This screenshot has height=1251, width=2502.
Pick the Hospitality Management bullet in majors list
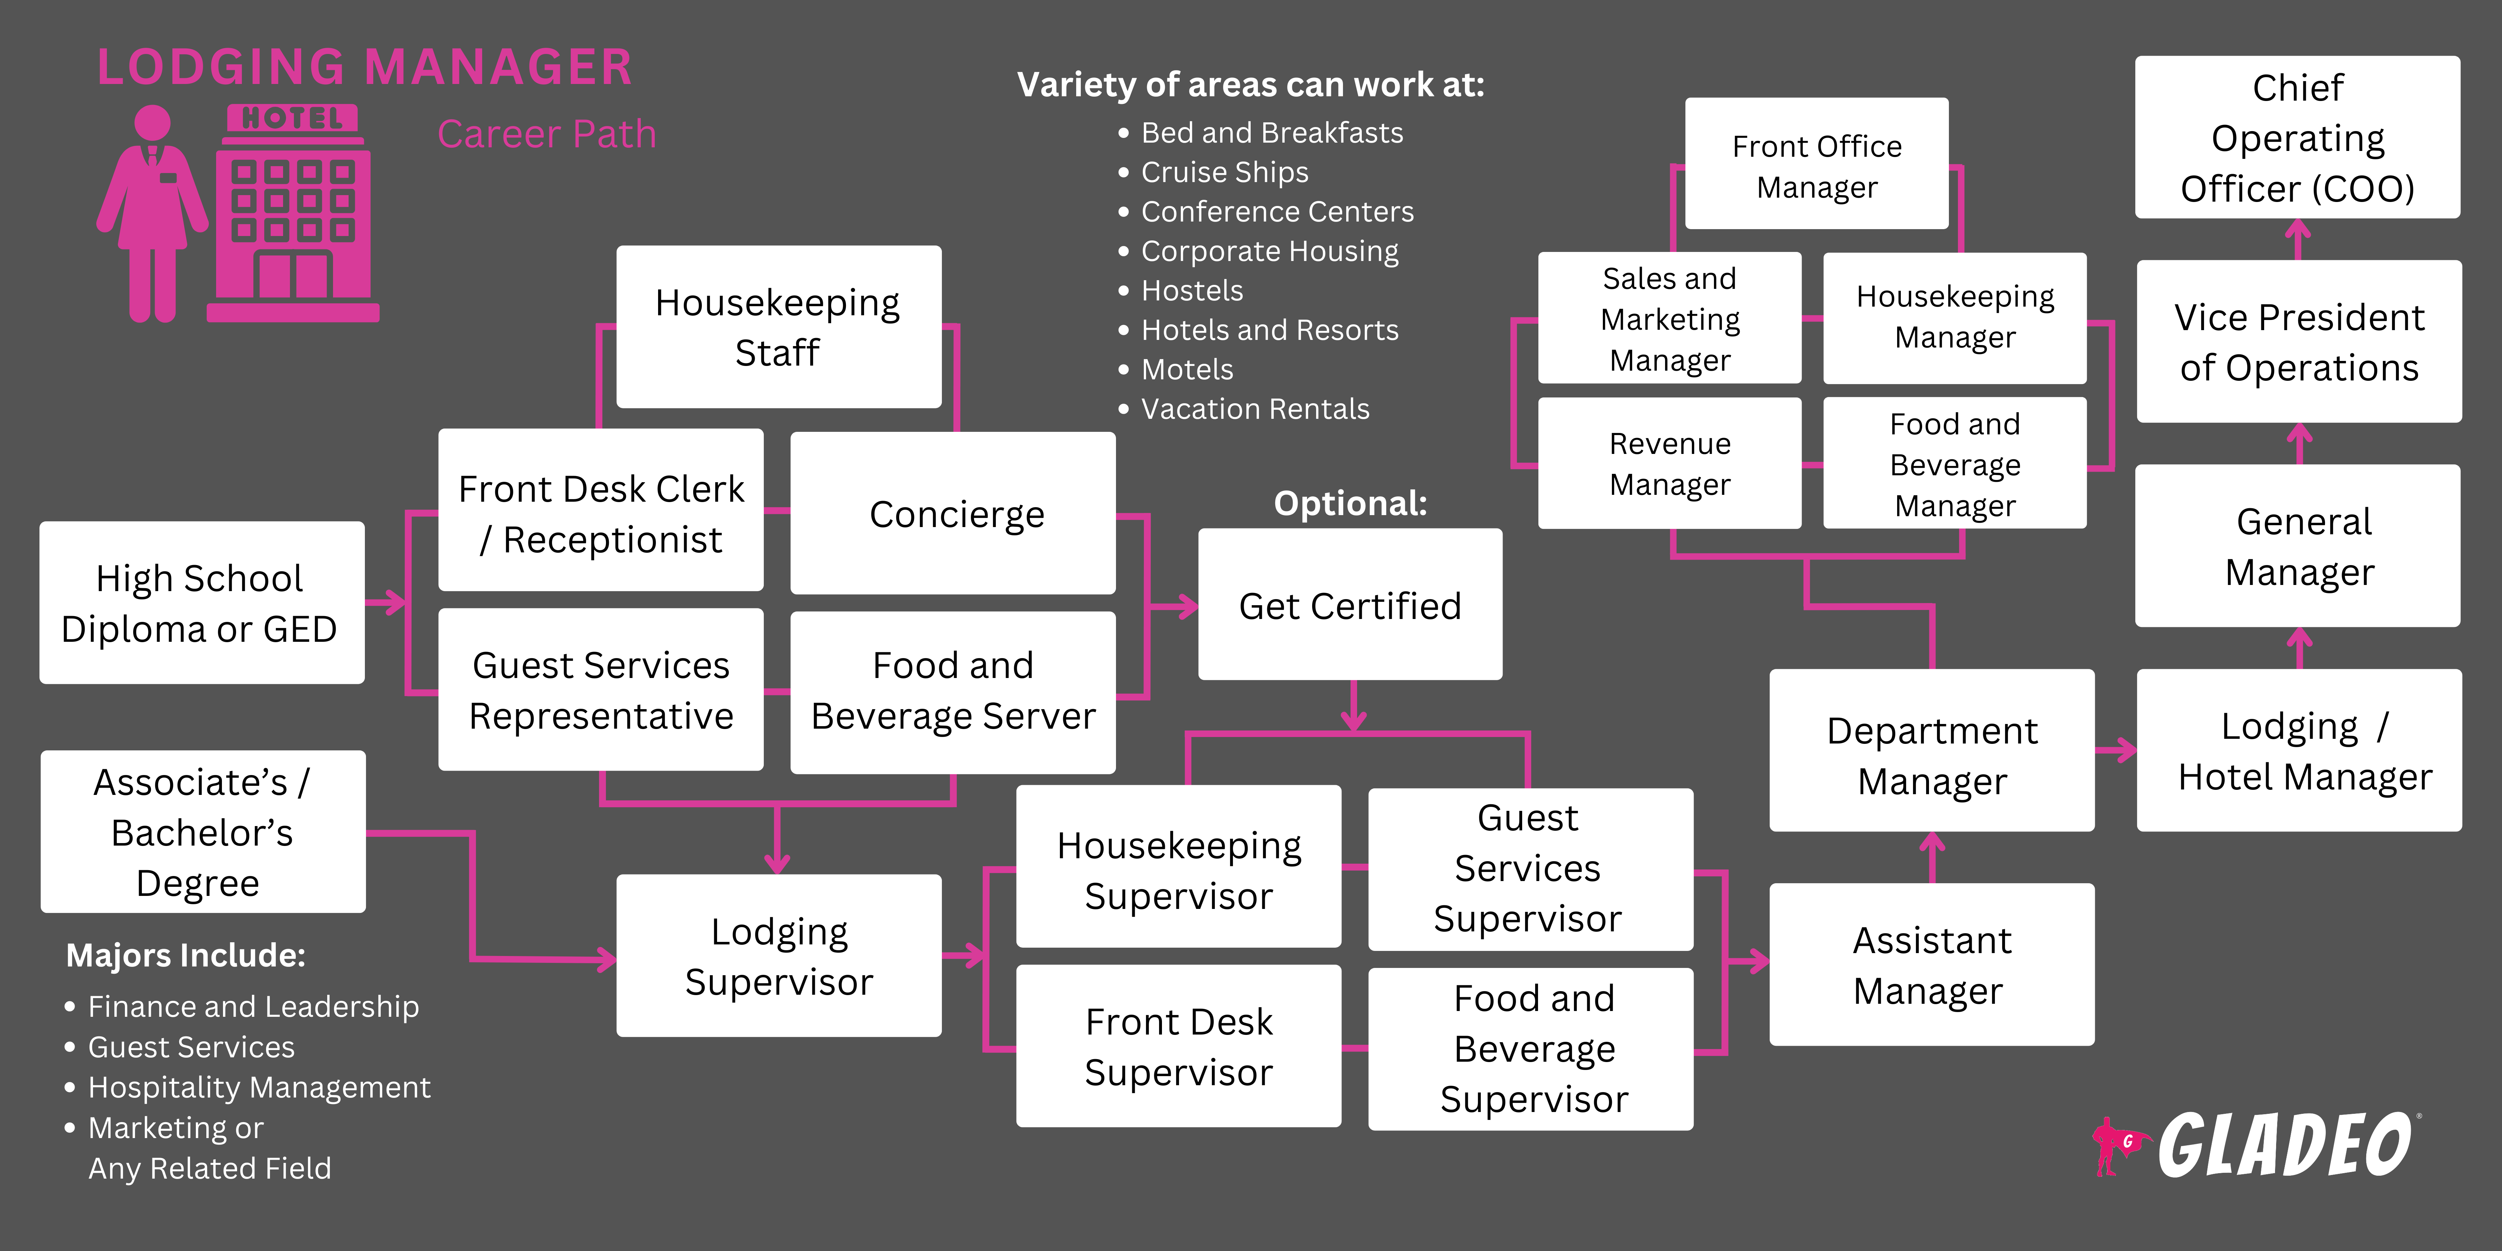tap(258, 1087)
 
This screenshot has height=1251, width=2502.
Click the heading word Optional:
tap(1350, 503)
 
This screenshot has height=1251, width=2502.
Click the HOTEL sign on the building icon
tap(292, 118)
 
